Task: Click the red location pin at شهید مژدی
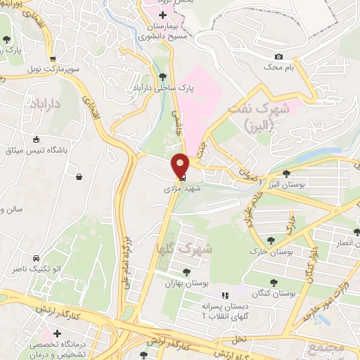point(180,165)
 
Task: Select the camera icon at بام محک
point(279,56)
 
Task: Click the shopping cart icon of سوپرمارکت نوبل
point(51,59)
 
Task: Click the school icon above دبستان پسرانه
point(225,295)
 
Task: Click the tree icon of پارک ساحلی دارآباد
point(163,77)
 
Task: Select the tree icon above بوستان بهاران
point(186,271)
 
